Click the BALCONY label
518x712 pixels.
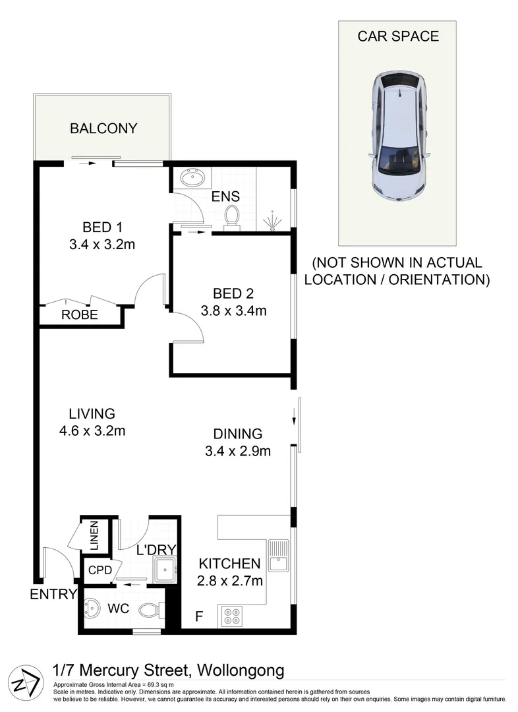tap(103, 129)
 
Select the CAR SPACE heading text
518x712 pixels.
tap(397, 36)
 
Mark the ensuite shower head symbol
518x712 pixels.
tap(272, 220)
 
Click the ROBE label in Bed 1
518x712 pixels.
tap(80, 315)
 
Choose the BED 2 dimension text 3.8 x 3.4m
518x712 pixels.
tap(233, 311)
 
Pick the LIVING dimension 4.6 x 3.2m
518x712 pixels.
tap(92, 432)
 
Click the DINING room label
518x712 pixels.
tap(238, 434)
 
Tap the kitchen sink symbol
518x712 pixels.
tap(278, 555)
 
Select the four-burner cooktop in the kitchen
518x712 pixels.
tap(232, 615)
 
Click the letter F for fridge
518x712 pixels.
tap(198, 617)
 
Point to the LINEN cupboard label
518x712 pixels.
tap(94, 536)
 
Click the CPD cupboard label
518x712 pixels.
tap(100, 570)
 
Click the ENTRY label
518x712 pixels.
tap(53, 595)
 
